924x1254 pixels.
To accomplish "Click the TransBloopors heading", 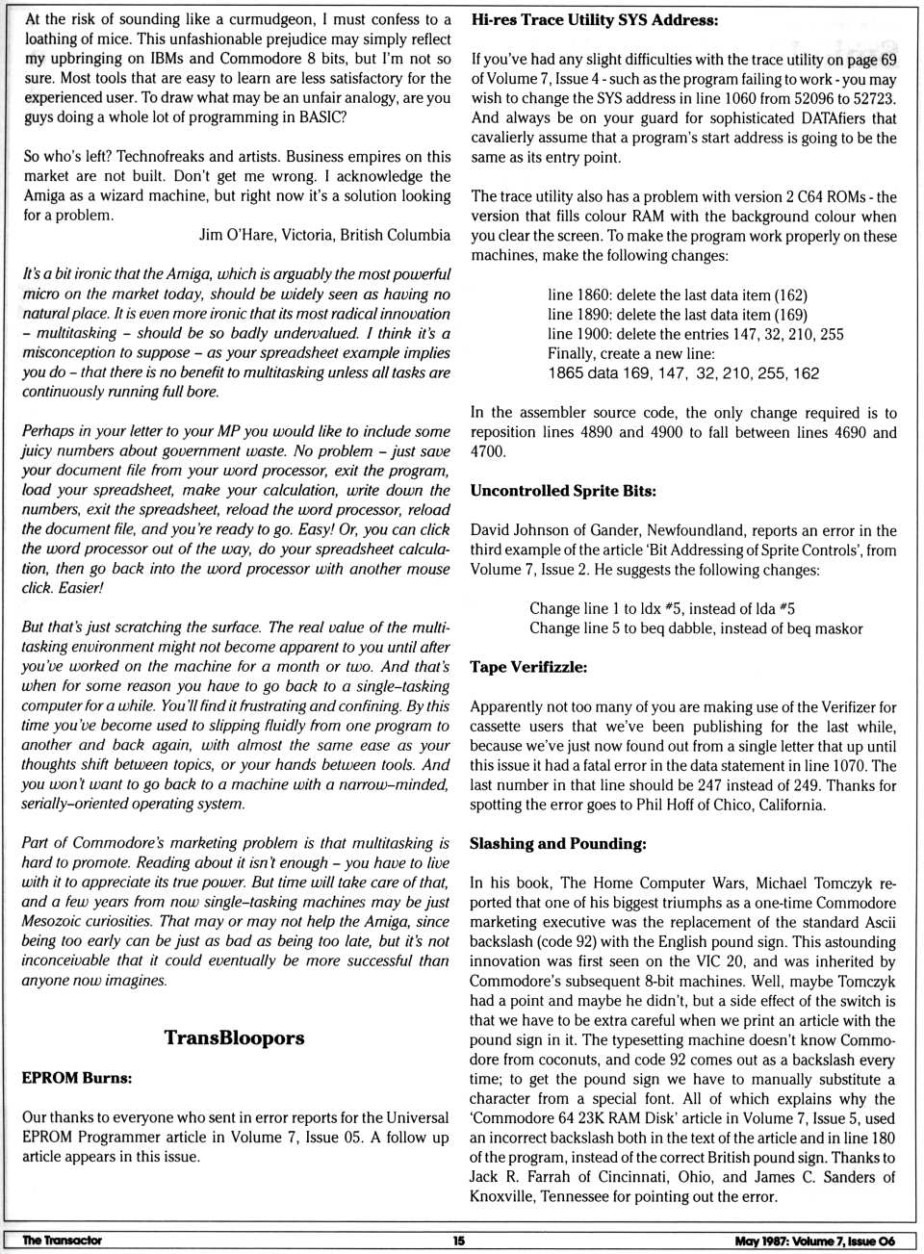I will (234, 1037).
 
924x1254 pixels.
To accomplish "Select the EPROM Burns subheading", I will (77, 1078).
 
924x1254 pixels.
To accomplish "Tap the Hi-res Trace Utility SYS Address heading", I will (594, 19).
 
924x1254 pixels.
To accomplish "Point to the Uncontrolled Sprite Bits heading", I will (563, 491).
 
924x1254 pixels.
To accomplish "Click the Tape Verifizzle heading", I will (528, 667).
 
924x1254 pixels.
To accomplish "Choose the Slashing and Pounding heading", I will (558, 844).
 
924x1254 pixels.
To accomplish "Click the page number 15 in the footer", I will (459, 1241).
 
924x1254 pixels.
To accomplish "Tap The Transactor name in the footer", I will (63, 1241).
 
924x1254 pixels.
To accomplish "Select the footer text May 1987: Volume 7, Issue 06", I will (814, 1241).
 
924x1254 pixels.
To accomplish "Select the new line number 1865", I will (565, 373).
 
